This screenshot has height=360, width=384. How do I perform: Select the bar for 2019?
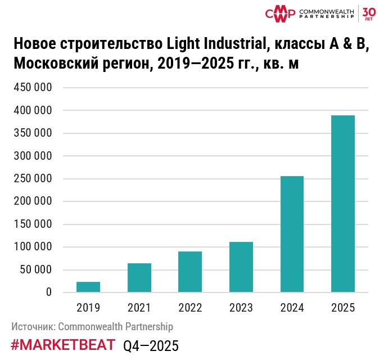[88, 287]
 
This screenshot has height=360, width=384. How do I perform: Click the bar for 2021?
[139, 278]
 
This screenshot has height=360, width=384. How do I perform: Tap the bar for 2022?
[190, 272]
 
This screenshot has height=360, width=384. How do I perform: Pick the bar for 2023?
[241, 267]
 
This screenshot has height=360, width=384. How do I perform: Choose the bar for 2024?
[292, 234]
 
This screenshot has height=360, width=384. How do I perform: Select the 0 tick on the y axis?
[49, 292]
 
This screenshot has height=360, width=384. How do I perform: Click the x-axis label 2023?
[241, 308]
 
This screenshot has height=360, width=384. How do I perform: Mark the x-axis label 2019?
[88, 308]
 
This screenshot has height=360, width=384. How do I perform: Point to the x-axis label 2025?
[343, 308]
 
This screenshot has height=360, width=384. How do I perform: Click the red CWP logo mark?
[280, 13]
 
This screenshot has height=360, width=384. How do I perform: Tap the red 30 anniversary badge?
[369, 13]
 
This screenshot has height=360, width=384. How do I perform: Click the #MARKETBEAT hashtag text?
[63, 345]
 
